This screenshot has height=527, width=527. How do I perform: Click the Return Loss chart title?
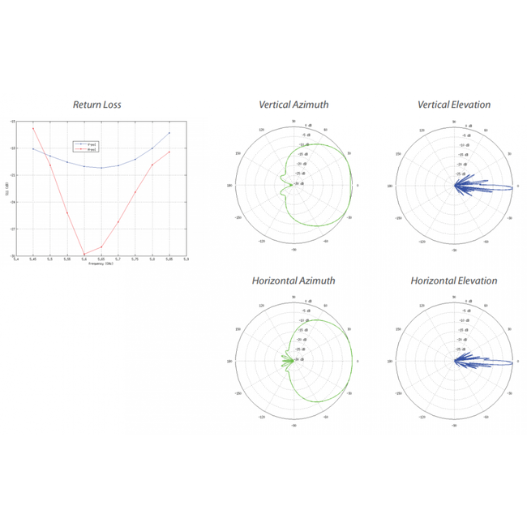[x=98, y=105]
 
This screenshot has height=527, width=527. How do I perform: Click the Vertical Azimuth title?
[x=293, y=105]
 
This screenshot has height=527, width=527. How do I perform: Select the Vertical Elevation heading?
[x=453, y=105]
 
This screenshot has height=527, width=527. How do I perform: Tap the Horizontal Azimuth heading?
[x=293, y=281]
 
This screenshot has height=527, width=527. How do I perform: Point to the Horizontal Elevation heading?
[x=453, y=281]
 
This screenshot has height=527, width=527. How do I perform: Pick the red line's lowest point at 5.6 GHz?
[x=84, y=255]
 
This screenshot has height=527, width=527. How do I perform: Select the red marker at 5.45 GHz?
[x=33, y=128]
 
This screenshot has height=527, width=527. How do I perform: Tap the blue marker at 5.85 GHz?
[x=169, y=133]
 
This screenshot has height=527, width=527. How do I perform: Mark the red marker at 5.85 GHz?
[x=169, y=152]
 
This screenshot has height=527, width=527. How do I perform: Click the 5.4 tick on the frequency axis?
[x=16, y=259]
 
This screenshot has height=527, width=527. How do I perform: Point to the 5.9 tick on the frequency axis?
[x=186, y=259]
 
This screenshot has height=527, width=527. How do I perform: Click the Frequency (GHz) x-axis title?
[x=101, y=264]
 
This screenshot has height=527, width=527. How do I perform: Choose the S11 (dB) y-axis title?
[x=6, y=188]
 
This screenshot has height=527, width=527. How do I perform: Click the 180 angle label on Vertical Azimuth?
[x=232, y=186]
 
